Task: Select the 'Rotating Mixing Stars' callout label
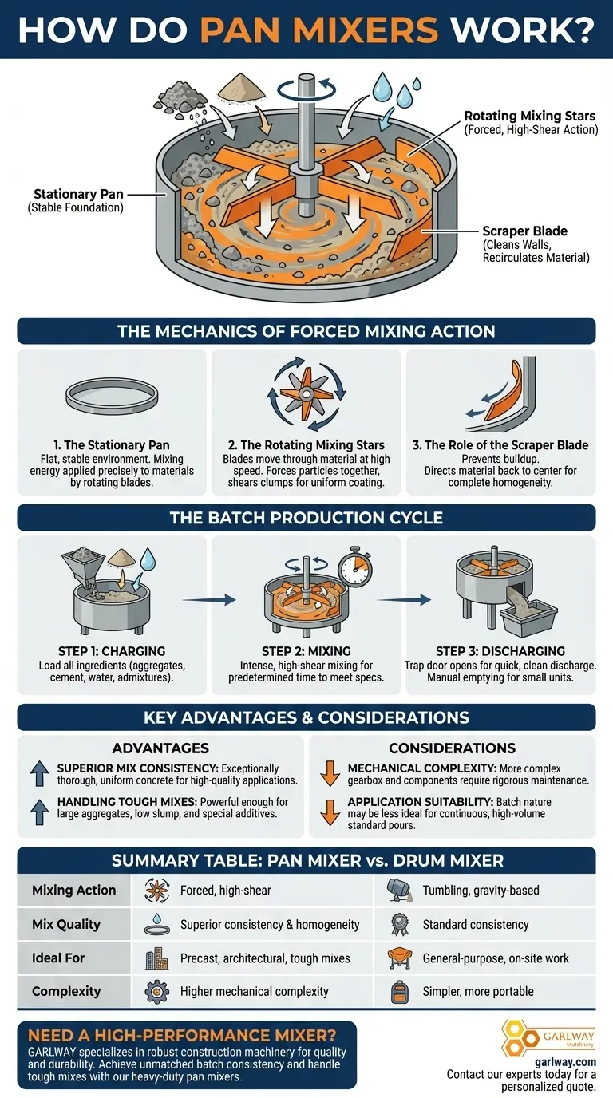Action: point(530,117)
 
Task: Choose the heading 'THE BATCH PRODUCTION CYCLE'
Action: point(306,518)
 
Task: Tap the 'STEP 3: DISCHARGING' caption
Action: point(500,651)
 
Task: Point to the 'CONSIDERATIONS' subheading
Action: point(452,748)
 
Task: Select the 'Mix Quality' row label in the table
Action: point(66,924)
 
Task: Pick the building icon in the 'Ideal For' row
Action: point(155,958)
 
